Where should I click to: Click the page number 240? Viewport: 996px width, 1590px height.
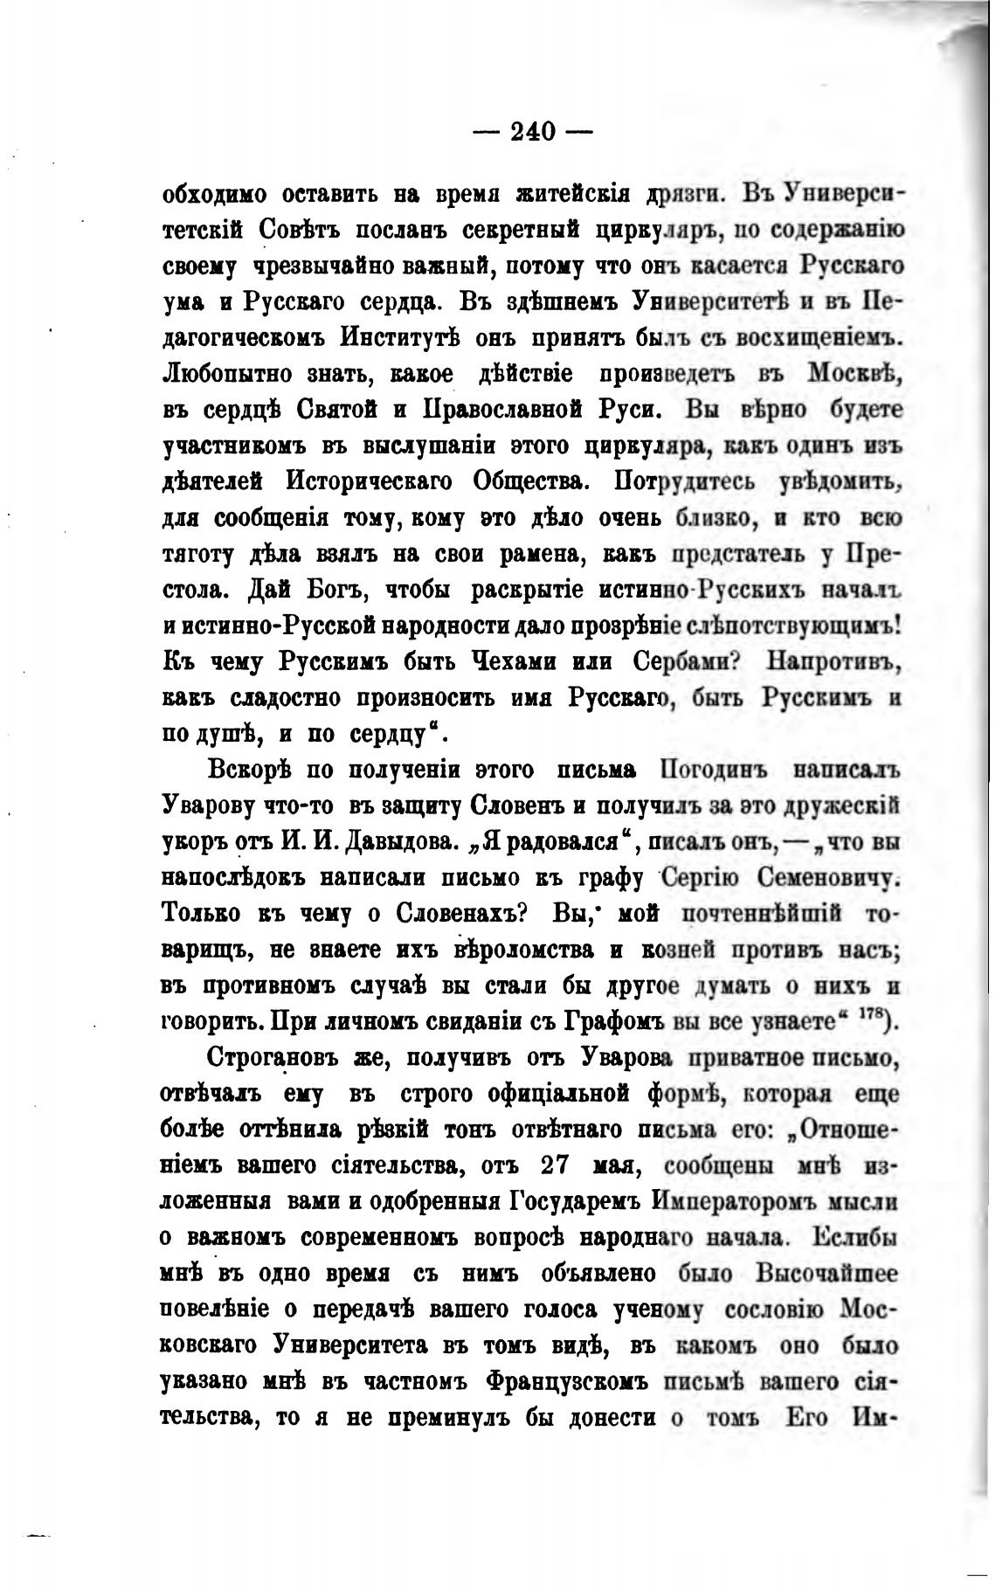click(x=533, y=132)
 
